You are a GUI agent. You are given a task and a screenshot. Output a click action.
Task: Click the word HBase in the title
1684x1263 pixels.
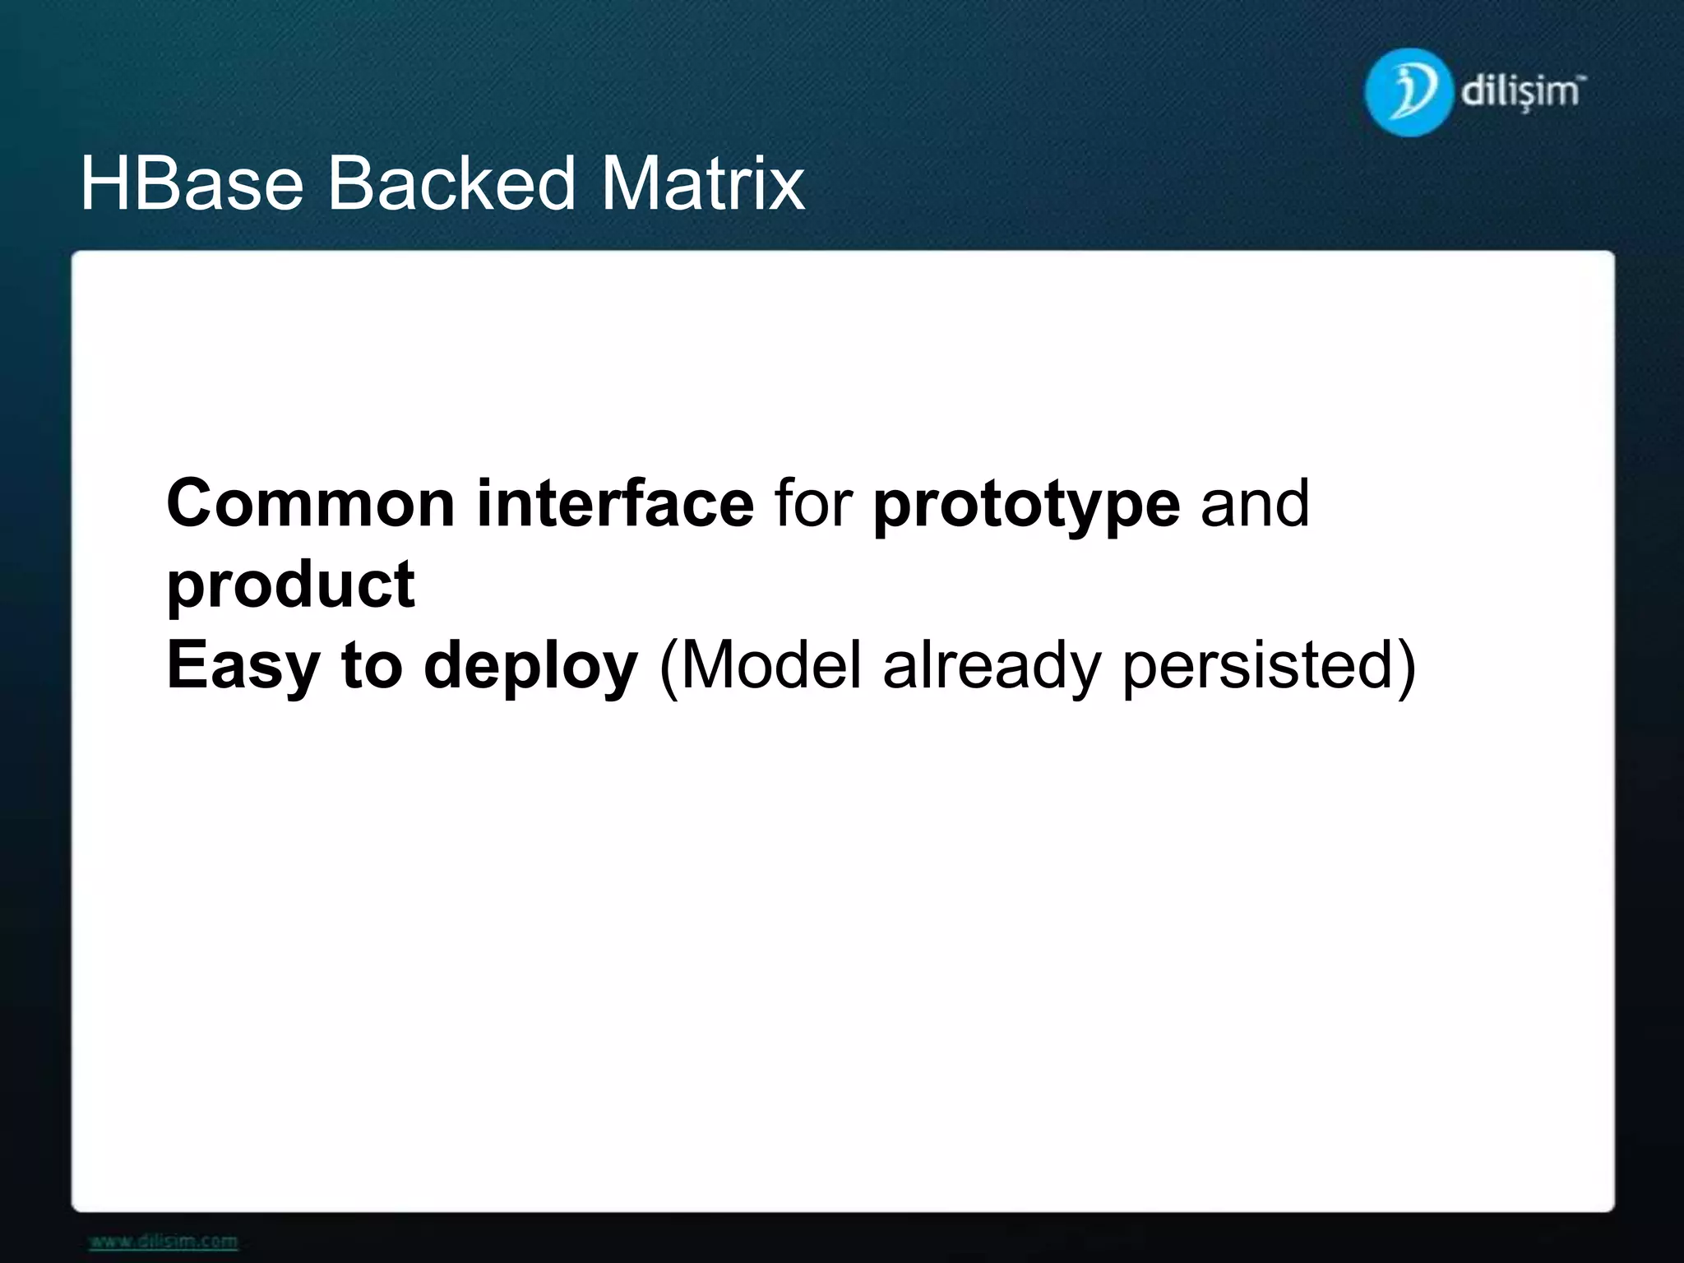[x=192, y=183]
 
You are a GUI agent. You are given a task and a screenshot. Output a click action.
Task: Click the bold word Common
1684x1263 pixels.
[x=311, y=503]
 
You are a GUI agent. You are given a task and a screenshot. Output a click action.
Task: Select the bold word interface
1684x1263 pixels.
[x=614, y=503]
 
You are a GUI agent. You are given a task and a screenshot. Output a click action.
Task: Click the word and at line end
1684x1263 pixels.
[x=1254, y=503]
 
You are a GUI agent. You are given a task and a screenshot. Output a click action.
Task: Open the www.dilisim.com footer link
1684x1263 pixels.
[x=163, y=1241]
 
